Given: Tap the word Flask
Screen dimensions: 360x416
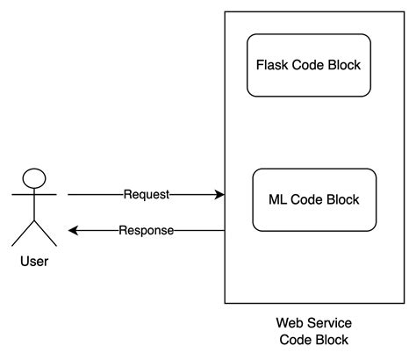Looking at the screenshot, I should (271, 65).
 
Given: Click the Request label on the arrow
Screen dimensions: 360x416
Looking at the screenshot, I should (147, 194).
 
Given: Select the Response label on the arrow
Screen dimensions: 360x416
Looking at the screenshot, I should (146, 230).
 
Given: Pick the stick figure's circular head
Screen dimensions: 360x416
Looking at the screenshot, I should (34, 177).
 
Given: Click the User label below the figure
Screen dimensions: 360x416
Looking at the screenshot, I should (33, 261).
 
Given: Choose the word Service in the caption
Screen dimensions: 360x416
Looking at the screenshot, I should (327, 323).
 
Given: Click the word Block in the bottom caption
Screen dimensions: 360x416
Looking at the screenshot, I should (330, 340).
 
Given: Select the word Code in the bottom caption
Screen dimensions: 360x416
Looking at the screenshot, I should (294, 340).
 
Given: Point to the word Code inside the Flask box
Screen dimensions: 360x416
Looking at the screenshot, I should (308, 65).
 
